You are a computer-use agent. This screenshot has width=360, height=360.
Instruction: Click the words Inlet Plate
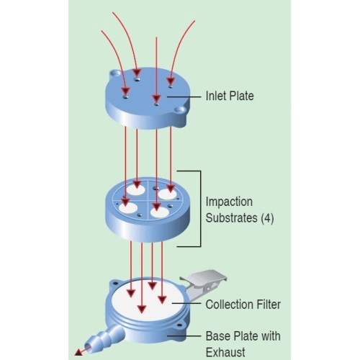(x=230, y=96)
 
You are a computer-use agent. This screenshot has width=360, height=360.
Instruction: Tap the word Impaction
(x=229, y=202)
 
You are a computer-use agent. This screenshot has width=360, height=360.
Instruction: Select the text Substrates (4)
(x=240, y=218)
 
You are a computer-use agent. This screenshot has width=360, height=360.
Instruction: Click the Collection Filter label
(x=243, y=305)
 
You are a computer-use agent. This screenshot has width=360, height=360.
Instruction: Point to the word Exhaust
(x=225, y=352)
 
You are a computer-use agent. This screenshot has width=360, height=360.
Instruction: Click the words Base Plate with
(x=243, y=336)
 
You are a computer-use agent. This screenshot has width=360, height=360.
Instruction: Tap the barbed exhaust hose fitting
(x=106, y=338)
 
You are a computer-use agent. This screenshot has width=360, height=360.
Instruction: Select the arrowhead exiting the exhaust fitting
(x=78, y=352)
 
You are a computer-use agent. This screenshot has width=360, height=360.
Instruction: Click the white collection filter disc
(x=148, y=301)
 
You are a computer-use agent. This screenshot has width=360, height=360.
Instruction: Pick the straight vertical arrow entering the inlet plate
(x=156, y=70)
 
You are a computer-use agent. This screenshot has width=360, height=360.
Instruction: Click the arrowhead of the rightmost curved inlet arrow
(x=171, y=81)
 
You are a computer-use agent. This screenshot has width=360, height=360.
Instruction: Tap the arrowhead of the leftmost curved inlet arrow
(x=125, y=91)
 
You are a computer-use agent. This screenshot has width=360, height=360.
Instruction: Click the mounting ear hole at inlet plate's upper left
(x=115, y=73)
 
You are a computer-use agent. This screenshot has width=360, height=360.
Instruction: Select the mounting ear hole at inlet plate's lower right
(x=179, y=110)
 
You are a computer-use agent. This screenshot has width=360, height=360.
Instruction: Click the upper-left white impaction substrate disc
(x=135, y=190)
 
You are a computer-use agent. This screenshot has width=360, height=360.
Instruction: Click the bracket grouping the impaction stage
(x=201, y=209)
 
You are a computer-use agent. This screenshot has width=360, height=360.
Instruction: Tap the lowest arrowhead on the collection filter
(x=142, y=310)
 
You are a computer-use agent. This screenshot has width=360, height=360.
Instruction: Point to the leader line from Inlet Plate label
(x=184, y=96)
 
